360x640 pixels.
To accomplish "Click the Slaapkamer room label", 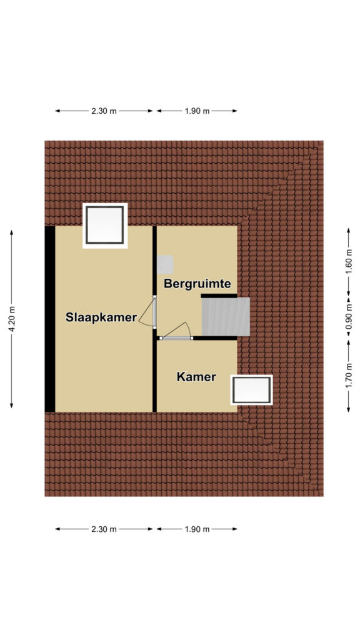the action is click(x=101, y=317).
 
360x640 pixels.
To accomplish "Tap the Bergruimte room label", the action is click(x=197, y=284).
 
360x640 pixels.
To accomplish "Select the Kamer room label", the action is click(x=196, y=377).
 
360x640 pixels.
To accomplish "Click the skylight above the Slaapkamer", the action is click(x=105, y=225).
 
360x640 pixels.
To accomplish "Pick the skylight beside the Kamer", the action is click(x=251, y=390).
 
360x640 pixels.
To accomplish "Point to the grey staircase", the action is click(x=226, y=317).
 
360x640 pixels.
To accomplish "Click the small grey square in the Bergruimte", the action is click(x=165, y=264).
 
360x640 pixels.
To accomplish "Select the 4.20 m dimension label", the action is click(x=12, y=319).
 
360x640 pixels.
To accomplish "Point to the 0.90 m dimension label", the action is click(x=349, y=316).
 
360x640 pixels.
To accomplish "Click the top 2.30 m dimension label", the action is click(x=104, y=111).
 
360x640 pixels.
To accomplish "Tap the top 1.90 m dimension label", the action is click(x=197, y=111).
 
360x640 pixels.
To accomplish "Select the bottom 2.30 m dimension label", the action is click(x=104, y=529).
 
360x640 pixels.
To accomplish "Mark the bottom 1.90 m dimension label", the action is click(x=197, y=529).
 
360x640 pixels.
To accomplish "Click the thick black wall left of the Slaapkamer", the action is click(x=50, y=319).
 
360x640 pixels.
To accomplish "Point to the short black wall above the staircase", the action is click(x=219, y=296).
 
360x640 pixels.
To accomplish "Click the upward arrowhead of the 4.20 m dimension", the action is click(x=12, y=232).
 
